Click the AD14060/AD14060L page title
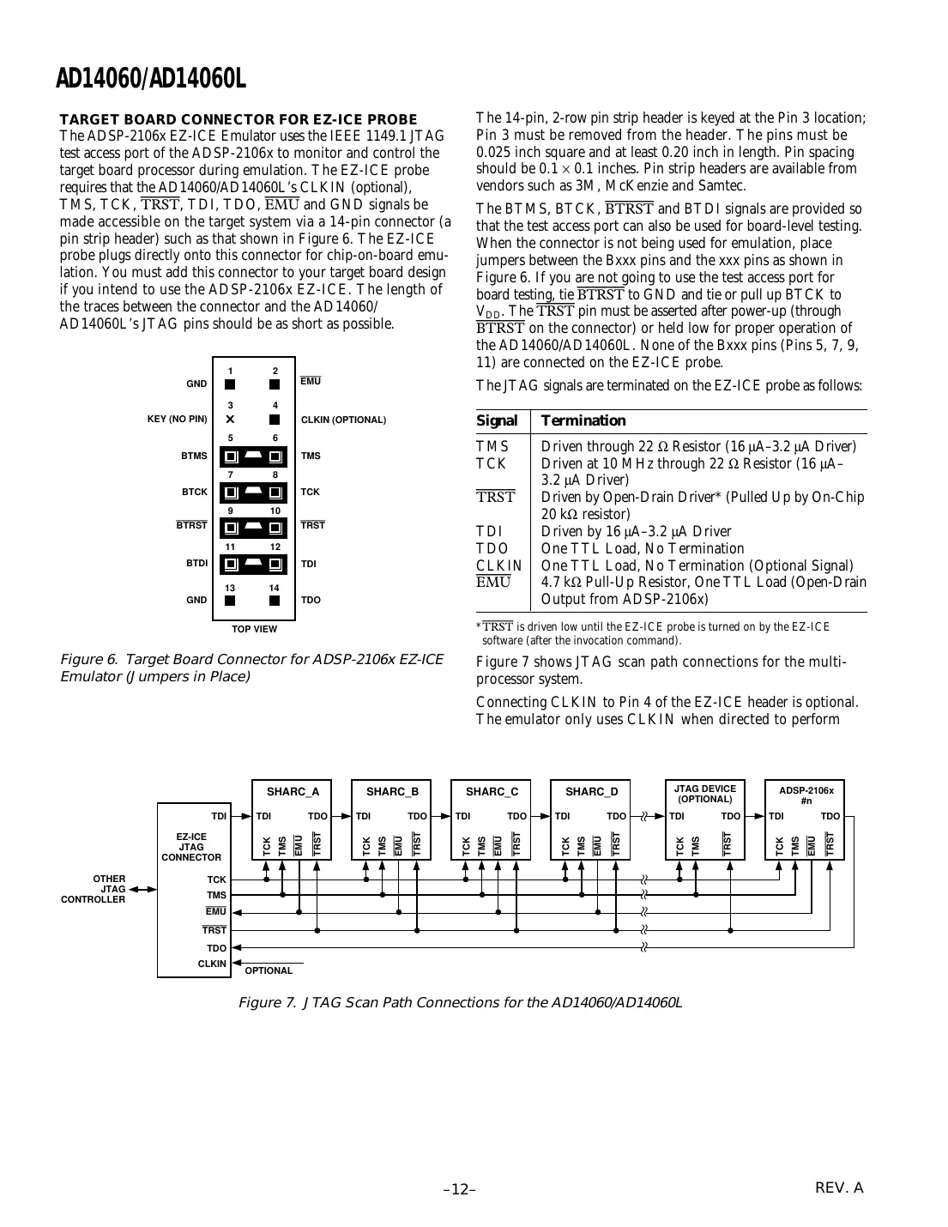(x=151, y=79)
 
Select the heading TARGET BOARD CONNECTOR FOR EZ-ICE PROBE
(x=238, y=119)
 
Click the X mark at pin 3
(x=230, y=420)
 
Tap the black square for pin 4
(x=275, y=420)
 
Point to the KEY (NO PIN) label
(x=178, y=420)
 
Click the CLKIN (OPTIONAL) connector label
(x=343, y=420)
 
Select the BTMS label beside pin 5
(x=194, y=456)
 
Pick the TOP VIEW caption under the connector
(x=255, y=629)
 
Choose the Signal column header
(x=497, y=420)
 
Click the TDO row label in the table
(x=492, y=548)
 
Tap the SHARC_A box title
(x=293, y=792)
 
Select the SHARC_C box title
(x=492, y=792)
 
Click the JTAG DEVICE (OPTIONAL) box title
(x=704, y=794)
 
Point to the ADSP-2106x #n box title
(x=806, y=795)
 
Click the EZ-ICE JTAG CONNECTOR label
(x=191, y=847)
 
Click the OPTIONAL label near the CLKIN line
(x=269, y=970)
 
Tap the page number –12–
(x=460, y=1189)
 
